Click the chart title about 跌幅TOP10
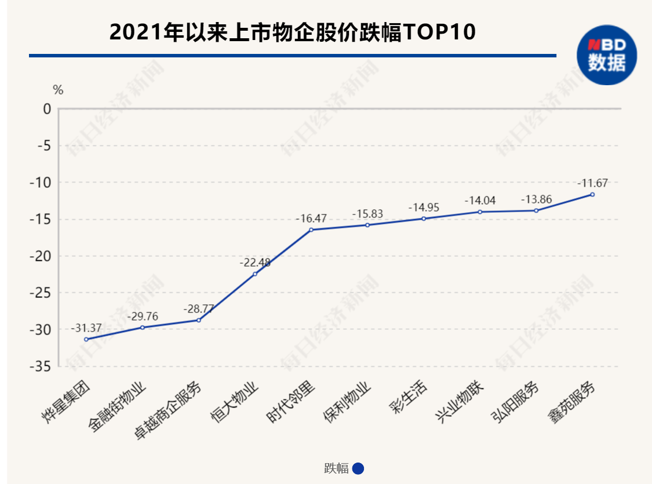(x=292, y=32)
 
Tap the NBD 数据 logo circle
(x=606, y=56)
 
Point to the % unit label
(x=58, y=90)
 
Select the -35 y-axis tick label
(x=42, y=367)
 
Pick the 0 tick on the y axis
(x=46, y=108)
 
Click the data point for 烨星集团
(x=86, y=339)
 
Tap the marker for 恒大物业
(x=255, y=274)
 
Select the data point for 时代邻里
(x=311, y=230)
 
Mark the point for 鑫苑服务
(x=592, y=194)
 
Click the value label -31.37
(x=86, y=328)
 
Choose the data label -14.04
(x=480, y=201)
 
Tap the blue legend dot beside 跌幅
(x=358, y=468)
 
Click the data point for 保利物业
(x=367, y=225)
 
